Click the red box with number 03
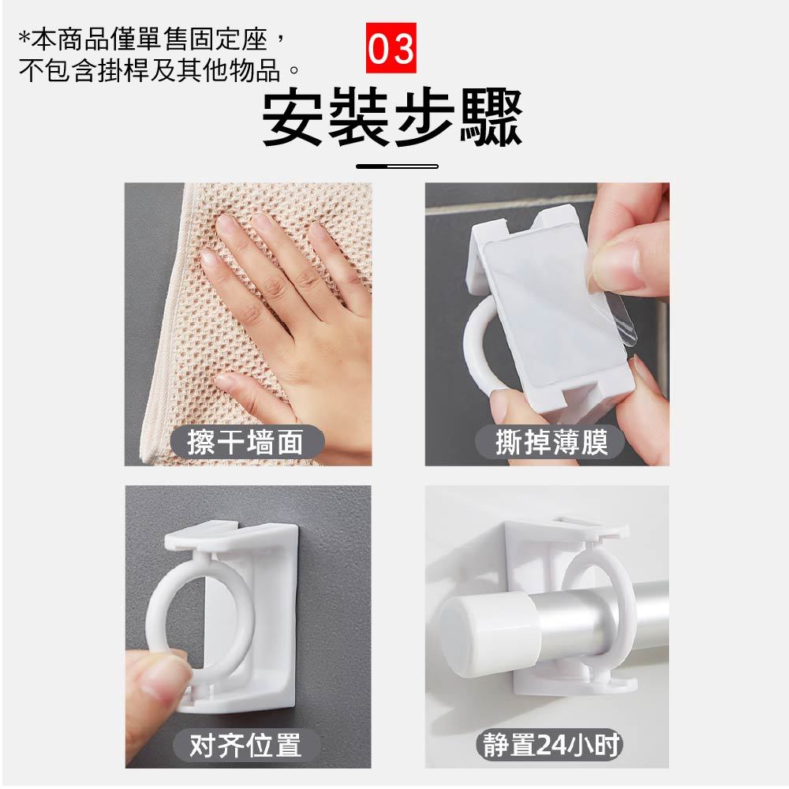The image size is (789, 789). coord(391,48)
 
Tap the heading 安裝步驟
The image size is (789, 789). coord(392,118)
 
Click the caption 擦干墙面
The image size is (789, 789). coord(245,443)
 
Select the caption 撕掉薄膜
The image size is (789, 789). coord(552,443)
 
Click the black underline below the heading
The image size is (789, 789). coord(397,166)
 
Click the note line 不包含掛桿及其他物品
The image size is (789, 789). coord(159,70)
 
